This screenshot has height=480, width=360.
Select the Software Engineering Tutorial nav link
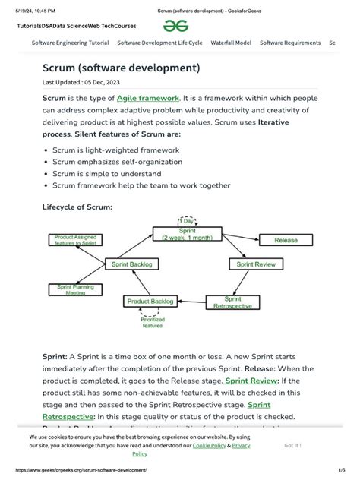point(70,43)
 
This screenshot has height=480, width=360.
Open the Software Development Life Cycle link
point(159,43)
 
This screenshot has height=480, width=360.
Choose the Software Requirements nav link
point(288,43)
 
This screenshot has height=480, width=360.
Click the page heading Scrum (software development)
point(121,68)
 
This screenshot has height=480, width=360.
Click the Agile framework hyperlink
point(148,99)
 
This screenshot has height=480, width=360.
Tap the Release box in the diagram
point(286,240)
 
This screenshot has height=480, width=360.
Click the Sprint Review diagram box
point(256,264)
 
